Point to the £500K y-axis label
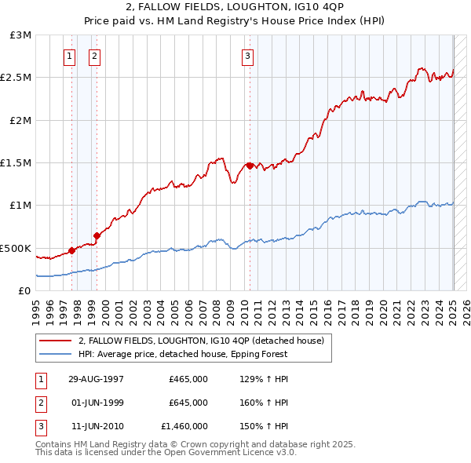[x=17, y=248]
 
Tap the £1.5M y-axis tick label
[x=17, y=163]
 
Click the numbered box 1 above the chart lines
[x=70, y=56]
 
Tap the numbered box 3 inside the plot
[x=247, y=56]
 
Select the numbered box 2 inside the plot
[x=94, y=56]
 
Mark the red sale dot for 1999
[x=97, y=235]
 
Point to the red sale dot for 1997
[x=72, y=250]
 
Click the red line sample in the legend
[x=56, y=341]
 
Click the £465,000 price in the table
[x=188, y=379]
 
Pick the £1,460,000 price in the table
[x=184, y=426]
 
